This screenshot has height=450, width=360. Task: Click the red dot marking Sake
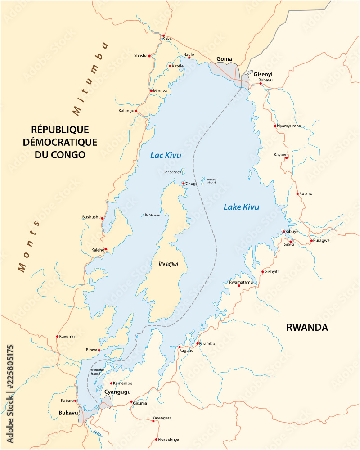click(164, 36)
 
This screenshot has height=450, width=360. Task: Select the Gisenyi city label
click(263, 74)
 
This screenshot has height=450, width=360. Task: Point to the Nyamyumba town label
click(289, 126)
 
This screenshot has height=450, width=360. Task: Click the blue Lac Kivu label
click(166, 156)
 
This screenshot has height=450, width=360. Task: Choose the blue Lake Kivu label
click(241, 207)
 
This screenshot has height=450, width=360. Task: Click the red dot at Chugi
click(184, 184)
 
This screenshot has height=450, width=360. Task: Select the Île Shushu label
click(153, 215)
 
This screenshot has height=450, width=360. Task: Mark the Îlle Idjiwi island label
click(168, 264)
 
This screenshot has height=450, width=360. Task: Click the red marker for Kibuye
click(284, 232)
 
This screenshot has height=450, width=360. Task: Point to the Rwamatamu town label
click(241, 282)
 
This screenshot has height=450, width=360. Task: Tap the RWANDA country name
click(307, 328)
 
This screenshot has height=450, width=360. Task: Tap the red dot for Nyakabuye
click(156, 439)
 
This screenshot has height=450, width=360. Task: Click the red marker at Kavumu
click(57, 336)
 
